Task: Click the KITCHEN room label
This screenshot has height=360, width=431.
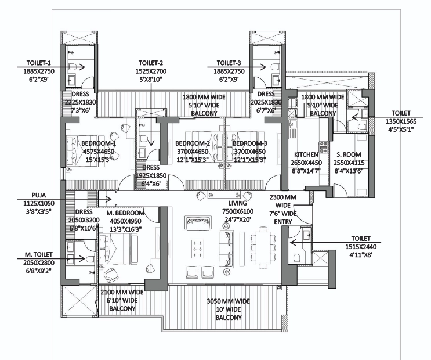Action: pyautogui.click(x=306, y=154)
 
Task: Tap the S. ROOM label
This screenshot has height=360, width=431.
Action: pyautogui.click(x=349, y=154)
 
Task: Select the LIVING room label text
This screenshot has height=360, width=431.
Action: pyautogui.click(x=237, y=203)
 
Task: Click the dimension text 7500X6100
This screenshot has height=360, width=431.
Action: pyautogui.click(x=238, y=211)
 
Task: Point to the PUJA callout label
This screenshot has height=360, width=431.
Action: pyautogui.click(x=39, y=196)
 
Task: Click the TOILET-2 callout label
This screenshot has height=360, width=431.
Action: pyautogui.click(x=151, y=63)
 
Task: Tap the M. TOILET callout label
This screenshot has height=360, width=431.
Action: pyautogui.click(x=39, y=254)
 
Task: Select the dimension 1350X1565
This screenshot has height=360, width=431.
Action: pyautogui.click(x=401, y=121)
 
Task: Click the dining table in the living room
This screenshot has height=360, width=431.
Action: pyautogui.click(x=263, y=248)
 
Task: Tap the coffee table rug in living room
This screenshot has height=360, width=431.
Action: pyautogui.click(x=198, y=249)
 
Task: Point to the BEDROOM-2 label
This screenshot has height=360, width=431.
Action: pyautogui.click(x=193, y=143)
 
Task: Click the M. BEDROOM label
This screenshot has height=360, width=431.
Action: pyautogui.click(x=125, y=213)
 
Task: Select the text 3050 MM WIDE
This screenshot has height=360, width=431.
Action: pyautogui.click(x=228, y=301)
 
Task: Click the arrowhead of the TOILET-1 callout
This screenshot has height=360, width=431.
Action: pyautogui.click(x=82, y=67)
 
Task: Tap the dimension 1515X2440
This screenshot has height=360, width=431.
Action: pyautogui.click(x=361, y=247)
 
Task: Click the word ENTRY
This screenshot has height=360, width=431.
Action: pyautogui.click(x=283, y=222)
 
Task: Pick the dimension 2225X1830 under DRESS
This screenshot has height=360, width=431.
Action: pyautogui.click(x=80, y=102)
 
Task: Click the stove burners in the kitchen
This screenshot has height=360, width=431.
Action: pyautogui.click(x=323, y=147)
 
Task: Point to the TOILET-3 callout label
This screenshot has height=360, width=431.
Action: pyautogui.click(x=229, y=63)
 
